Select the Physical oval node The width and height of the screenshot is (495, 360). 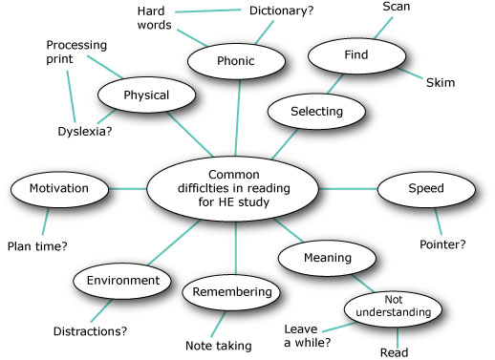(x=146, y=95)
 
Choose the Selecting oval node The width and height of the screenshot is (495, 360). (x=305, y=112)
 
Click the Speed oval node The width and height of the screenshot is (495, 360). (x=425, y=188)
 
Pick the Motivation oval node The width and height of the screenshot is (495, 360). (x=58, y=188)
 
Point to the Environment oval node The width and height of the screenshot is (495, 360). (x=122, y=282)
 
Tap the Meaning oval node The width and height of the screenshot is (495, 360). (x=322, y=258)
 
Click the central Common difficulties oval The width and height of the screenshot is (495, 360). (x=232, y=188)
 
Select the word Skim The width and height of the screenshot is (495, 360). (x=440, y=83)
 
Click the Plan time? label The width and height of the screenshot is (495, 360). (x=38, y=246)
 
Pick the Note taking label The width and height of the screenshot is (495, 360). (x=220, y=345)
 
